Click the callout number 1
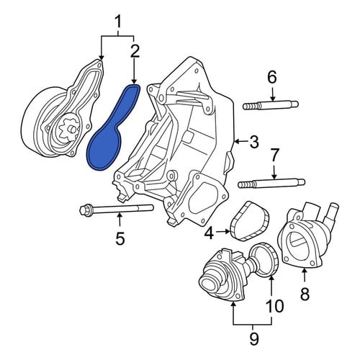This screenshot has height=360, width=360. coord(118,22)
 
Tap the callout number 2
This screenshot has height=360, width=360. coord(135,51)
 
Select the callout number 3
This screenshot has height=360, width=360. coord(253,142)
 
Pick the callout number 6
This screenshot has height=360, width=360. coord(272,77)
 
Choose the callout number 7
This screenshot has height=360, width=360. coord(274,156)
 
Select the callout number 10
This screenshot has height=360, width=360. coord(274,305)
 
